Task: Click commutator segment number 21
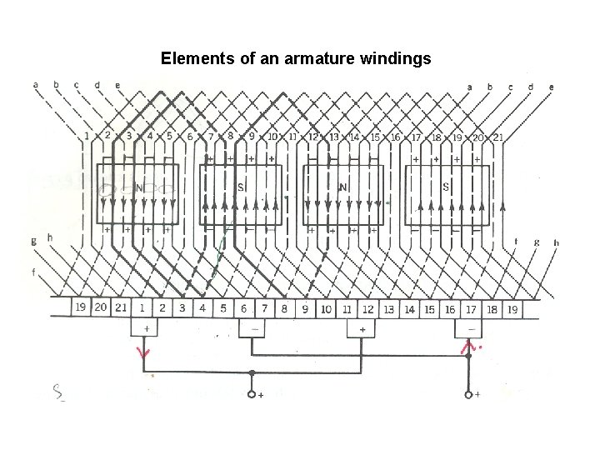(121, 308)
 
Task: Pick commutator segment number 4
(203, 308)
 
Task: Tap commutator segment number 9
(305, 308)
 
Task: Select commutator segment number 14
(409, 308)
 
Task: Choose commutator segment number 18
(492, 308)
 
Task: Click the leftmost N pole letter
(140, 187)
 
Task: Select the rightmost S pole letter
(445, 187)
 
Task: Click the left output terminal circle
(252, 394)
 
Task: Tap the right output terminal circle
(468, 394)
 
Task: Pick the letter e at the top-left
(117, 85)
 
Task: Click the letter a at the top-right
(470, 86)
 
